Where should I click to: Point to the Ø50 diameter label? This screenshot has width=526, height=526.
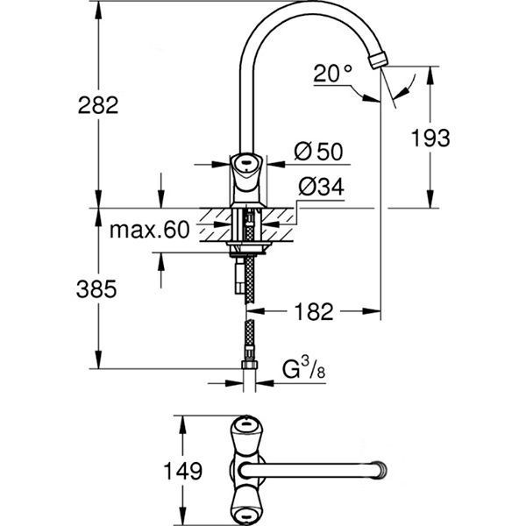(x=317, y=152)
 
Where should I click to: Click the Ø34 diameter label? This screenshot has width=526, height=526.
(x=319, y=186)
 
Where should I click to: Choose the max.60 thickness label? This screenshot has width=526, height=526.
(x=150, y=231)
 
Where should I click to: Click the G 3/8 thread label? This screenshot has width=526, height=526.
(x=303, y=370)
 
